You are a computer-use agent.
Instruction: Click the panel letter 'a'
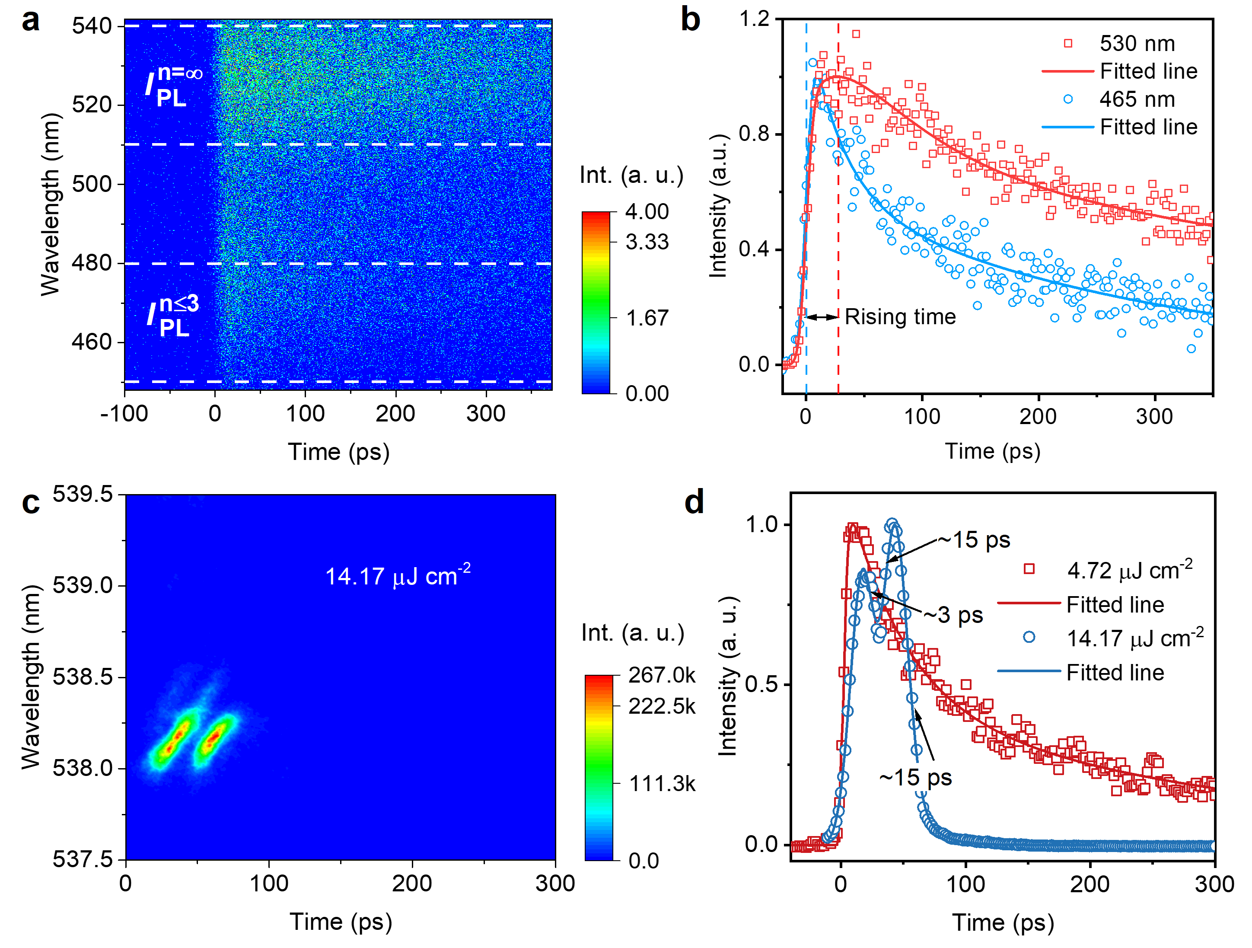coord(31,22)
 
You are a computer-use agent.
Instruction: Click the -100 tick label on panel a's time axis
coord(124,413)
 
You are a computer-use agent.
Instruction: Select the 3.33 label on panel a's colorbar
coord(647,243)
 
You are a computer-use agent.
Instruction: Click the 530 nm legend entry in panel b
coord(1137,44)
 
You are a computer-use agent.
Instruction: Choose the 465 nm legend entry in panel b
coord(1137,100)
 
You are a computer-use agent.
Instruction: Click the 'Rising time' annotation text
coord(900,317)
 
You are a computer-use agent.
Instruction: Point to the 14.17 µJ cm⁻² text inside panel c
coord(397,576)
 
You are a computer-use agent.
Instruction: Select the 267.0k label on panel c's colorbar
coord(662,675)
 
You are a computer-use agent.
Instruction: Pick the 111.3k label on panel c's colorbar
coord(662,784)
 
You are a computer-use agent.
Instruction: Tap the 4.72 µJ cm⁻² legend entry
coord(1129,570)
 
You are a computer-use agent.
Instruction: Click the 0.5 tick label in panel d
coord(762,685)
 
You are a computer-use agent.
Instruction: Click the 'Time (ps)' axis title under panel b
coord(992,451)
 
